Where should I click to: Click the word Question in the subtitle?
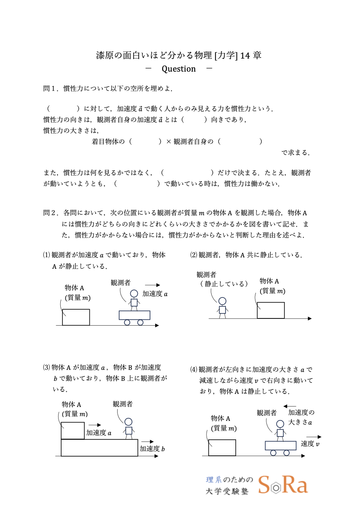tap(179, 69)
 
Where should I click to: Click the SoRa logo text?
tap(283, 485)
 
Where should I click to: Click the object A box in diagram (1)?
tap(76, 317)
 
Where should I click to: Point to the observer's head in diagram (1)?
tap(134, 294)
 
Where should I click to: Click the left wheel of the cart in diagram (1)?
tap(127, 322)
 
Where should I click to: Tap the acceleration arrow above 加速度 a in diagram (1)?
tap(152, 285)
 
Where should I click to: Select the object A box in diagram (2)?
tap(271, 310)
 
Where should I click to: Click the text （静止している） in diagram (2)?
tap(224, 284)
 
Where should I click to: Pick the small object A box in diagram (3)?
tap(73, 431)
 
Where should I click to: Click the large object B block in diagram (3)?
tap(99, 447)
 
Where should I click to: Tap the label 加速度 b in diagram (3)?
tap(152, 449)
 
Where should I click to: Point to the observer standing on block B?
tap(129, 428)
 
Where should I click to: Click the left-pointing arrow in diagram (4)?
tap(290, 407)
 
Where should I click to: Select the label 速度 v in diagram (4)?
tap(310, 444)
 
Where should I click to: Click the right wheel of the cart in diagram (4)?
tap(287, 453)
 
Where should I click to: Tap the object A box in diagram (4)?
tap(222, 447)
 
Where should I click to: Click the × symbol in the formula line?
tap(168, 142)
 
